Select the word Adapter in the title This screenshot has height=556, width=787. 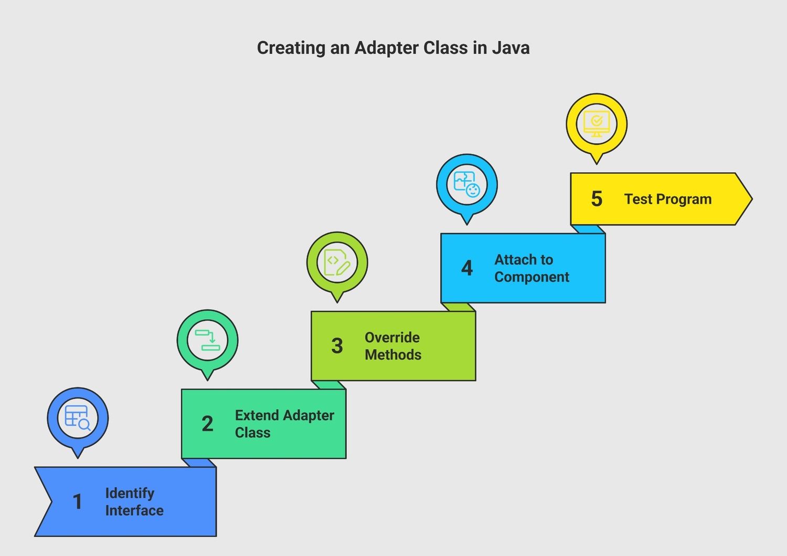(x=386, y=48)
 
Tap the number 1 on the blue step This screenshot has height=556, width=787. (x=77, y=501)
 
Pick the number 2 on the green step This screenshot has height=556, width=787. (x=207, y=423)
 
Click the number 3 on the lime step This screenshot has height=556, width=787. (x=337, y=345)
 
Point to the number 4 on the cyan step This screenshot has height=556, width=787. (x=466, y=268)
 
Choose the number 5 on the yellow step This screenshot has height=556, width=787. (x=597, y=198)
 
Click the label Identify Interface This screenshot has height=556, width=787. (x=134, y=502)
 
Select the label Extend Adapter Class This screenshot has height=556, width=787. (x=284, y=424)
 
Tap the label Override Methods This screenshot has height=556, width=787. (x=393, y=346)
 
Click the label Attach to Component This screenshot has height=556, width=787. (x=531, y=268)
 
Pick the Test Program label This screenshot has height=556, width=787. (x=668, y=199)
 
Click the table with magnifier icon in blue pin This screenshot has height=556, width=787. (x=78, y=418)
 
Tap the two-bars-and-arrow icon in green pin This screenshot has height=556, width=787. (x=207, y=340)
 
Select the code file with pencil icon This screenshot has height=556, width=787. (x=337, y=263)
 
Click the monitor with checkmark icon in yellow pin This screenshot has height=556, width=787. (x=597, y=124)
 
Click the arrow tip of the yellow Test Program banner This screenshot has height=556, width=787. (x=752, y=198)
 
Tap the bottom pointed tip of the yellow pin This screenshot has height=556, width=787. (x=597, y=164)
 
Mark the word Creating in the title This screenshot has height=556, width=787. (x=291, y=48)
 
